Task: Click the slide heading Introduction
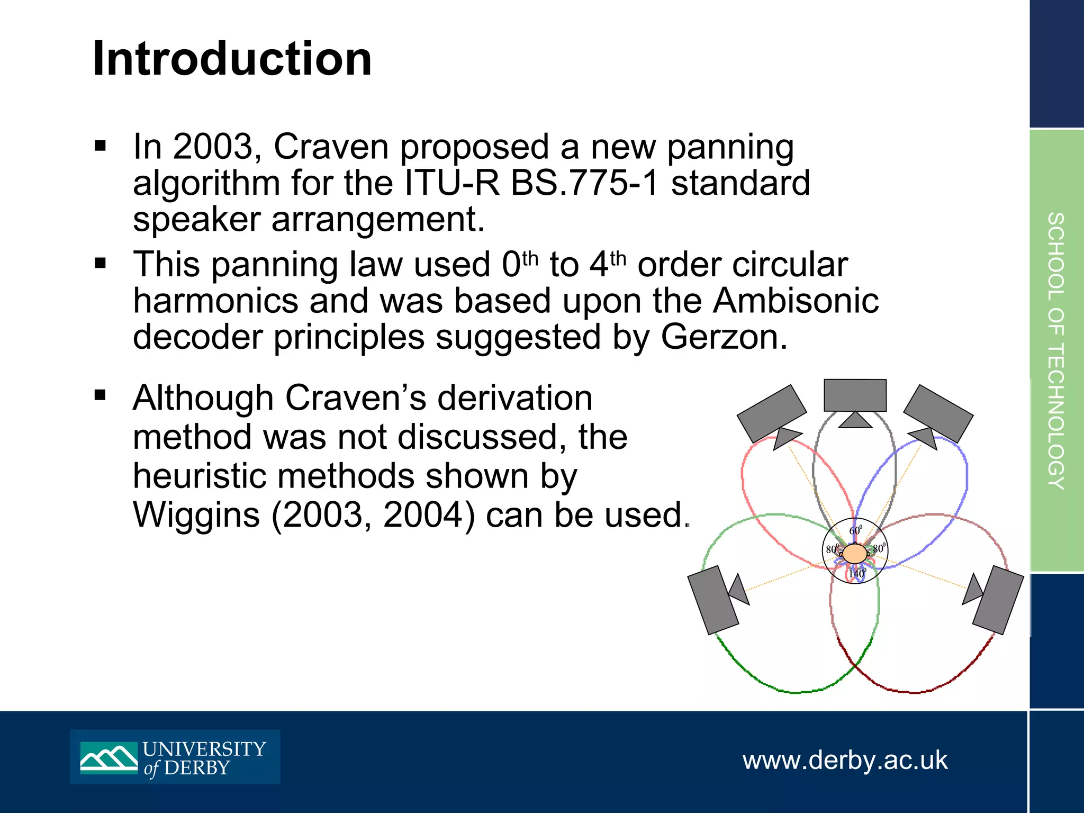[x=232, y=59]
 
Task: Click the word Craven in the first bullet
[x=331, y=147]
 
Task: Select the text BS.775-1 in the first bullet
[x=585, y=183]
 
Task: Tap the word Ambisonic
[x=796, y=301]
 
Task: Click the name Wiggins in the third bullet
[x=196, y=514]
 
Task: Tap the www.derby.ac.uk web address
[x=845, y=760]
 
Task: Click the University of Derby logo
[x=175, y=757]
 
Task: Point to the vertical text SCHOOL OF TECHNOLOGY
[x=1056, y=350]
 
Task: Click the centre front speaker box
[x=855, y=395]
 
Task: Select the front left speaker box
[x=771, y=413]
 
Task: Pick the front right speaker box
[x=938, y=413]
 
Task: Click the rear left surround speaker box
[x=712, y=600]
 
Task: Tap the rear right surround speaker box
[x=998, y=600]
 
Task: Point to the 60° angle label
[x=855, y=530]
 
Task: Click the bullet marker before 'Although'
[x=100, y=395]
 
